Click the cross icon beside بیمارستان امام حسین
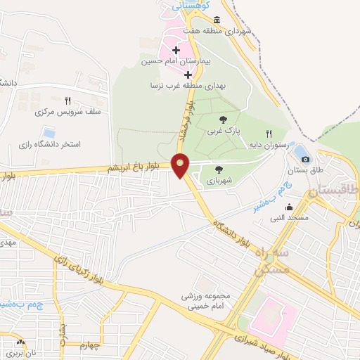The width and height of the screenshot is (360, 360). (175, 51)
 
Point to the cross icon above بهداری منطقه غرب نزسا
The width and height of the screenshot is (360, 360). (188, 74)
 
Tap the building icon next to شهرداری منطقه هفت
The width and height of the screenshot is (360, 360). (216, 20)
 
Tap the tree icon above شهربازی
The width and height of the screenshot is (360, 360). (219, 169)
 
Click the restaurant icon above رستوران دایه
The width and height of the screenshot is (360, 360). (268, 133)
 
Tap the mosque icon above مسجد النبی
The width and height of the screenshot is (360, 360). (289, 207)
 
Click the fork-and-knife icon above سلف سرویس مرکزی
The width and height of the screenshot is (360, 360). (67, 101)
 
